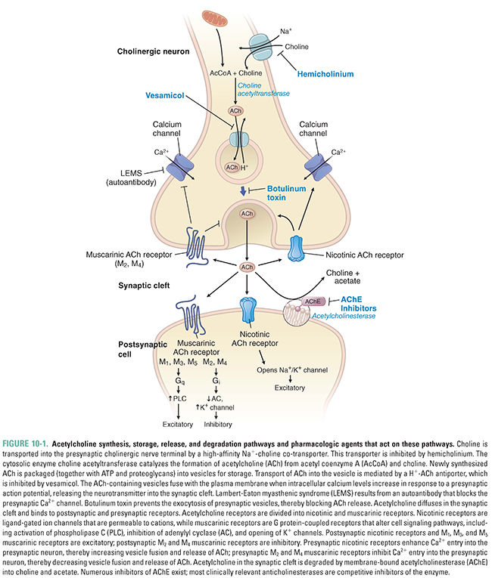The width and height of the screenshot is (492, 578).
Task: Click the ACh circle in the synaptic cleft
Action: (246, 267)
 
